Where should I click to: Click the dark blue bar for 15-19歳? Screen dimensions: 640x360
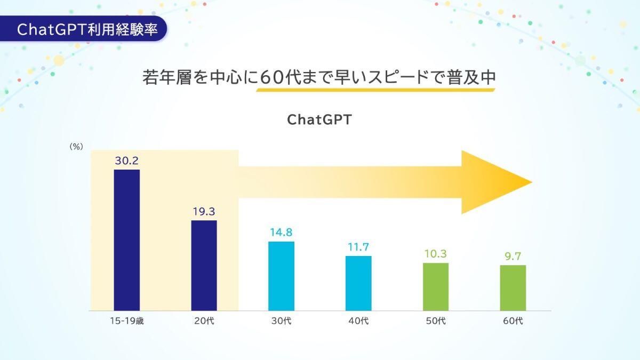pyautogui.click(x=127, y=240)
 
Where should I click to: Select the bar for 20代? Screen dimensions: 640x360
pyautogui.click(x=204, y=266)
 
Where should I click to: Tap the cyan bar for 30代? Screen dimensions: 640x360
pyautogui.click(x=281, y=276)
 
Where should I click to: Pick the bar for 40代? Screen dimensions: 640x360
pyautogui.click(x=358, y=283)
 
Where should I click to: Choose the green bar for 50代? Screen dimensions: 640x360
pyautogui.click(x=436, y=286)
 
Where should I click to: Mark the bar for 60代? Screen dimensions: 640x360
pyautogui.click(x=513, y=287)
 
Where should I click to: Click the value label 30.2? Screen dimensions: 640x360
pyautogui.click(x=127, y=161)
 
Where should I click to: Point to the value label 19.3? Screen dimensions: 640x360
pyautogui.click(x=204, y=212)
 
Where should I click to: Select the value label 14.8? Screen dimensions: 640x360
pyautogui.click(x=281, y=233)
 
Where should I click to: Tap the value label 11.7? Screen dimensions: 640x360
pyautogui.click(x=358, y=247)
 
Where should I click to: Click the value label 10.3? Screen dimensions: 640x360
pyautogui.click(x=436, y=254)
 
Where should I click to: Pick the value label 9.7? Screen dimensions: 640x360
pyautogui.click(x=513, y=257)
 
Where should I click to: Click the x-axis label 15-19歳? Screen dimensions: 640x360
pyautogui.click(x=127, y=321)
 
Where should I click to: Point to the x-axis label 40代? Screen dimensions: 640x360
pyautogui.click(x=358, y=321)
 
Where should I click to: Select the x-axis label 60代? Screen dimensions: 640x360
pyautogui.click(x=513, y=321)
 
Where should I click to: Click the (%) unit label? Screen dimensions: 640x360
pyautogui.click(x=76, y=147)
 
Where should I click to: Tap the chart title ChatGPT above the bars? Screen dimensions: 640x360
pyautogui.click(x=319, y=119)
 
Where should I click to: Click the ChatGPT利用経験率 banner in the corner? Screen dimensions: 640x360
pyautogui.click(x=83, y=29)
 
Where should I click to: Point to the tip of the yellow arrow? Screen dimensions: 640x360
pyautogui.click(x=532, y=182)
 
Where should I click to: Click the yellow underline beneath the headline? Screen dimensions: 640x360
pyautogui.click(x=375, y=90)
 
